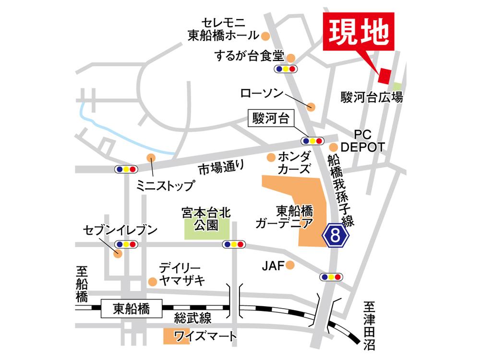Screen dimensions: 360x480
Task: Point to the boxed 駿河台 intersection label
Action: tap(270, 119)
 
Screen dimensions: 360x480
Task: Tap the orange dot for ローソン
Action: tap(311, 107)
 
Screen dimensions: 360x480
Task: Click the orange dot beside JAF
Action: tap(289, 265)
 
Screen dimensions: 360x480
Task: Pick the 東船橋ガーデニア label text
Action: tap(285, 217)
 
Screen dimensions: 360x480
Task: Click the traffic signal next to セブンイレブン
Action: tap(126, 244)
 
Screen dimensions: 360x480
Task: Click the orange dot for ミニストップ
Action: tap(151, 157)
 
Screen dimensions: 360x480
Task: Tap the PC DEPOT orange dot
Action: tap(334, 146)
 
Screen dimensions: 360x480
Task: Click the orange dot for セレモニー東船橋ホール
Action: tap(265, 35)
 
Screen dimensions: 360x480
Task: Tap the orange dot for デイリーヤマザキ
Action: tap(152, 281)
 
